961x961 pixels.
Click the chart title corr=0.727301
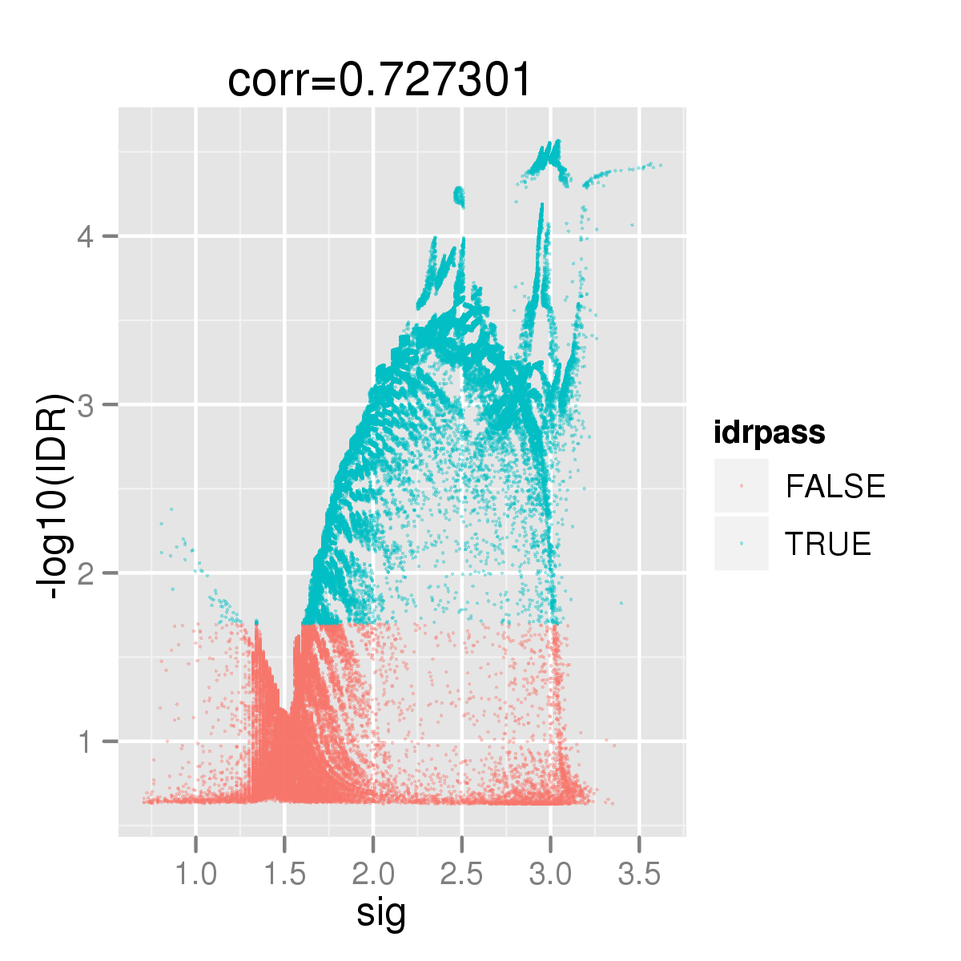pyautogui.click(x=380, y=80)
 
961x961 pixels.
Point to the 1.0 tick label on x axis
pyautogui.click(x=196, y=875)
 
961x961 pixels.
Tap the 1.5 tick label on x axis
pyautogui.click(x=285, y=875)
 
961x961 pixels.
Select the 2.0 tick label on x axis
pyautogui.click(x=373, y=875)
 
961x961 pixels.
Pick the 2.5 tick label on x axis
pyautogui.click(x=462, y=875)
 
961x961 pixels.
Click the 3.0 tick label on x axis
pyautogui.click(x=550, y=875)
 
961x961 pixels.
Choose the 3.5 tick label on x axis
pyautogui.click(x=639, y=875)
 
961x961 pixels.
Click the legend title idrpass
pyautogui.click(x=770, y=433)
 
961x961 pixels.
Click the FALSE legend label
pyautogui.click(x=835, y=487)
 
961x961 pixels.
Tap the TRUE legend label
pyautogui.click(x=828, y=545)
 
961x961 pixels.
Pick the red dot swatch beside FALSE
pyautogui.click(x=742, y=486)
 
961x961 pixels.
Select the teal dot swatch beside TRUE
pyautogui.click(x=742, y=544)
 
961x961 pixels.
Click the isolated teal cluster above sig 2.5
pyautogui.click(x=459, y=195)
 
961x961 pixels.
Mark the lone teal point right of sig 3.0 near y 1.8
pyautogui.click(x=621, y=603)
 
